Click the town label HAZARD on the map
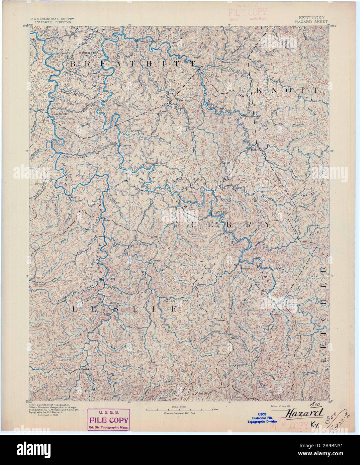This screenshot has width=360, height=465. [x=220, y=212]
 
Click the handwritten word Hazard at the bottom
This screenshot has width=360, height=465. [x=304, y=413]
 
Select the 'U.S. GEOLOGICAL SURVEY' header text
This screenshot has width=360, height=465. [x=52, y=19]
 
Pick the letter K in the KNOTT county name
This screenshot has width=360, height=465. [x=260, y=90]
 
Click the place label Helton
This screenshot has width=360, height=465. [x=191, y=340]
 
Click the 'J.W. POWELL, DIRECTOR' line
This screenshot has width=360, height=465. [x=53, y=22]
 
